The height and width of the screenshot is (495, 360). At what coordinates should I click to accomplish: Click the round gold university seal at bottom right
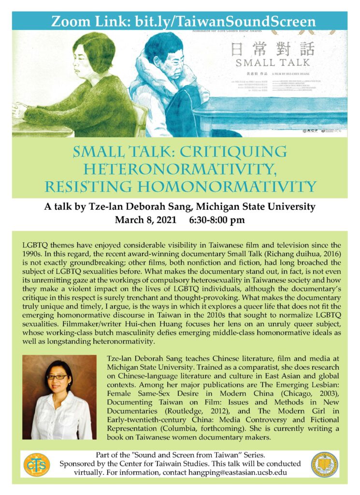point(324,465)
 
